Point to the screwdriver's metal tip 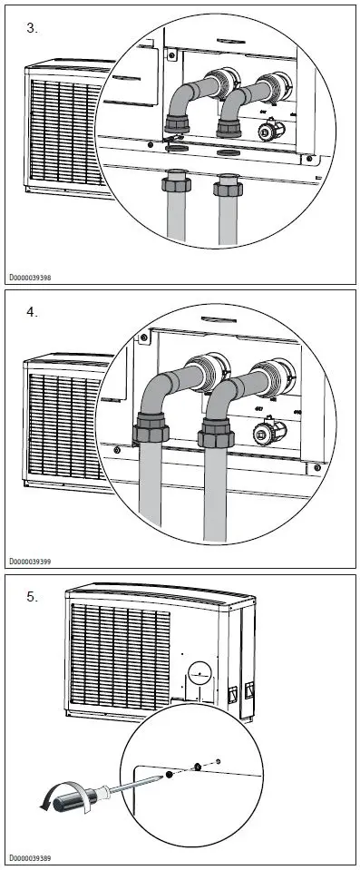[x=165, y=777]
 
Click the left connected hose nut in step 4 [x=151, y=426]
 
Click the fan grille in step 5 [x=118, y=658]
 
